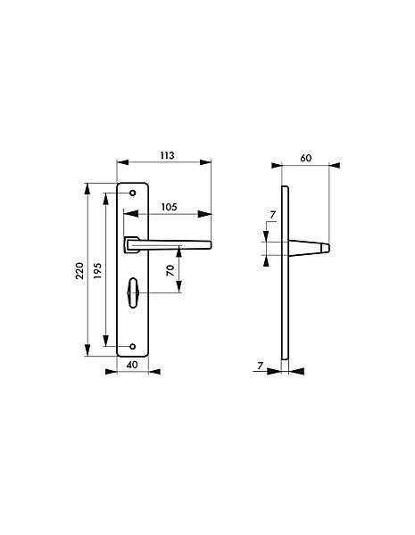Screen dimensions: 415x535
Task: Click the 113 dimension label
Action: tap(168, 155)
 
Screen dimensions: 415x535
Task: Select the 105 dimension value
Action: tap(170, 207)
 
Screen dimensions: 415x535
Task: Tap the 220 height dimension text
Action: tap(79, 270)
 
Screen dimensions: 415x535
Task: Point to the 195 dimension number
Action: tap(97, 270)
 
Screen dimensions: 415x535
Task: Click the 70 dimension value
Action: tap(170, 270)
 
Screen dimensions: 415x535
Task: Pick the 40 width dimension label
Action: tap(132, 365)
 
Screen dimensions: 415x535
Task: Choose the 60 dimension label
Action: tap(306, 158)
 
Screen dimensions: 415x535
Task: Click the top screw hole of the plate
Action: tap(132, 193)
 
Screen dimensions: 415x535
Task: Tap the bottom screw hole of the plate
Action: tap(132, 347)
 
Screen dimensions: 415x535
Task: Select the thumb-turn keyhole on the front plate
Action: tap(132, 292)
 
